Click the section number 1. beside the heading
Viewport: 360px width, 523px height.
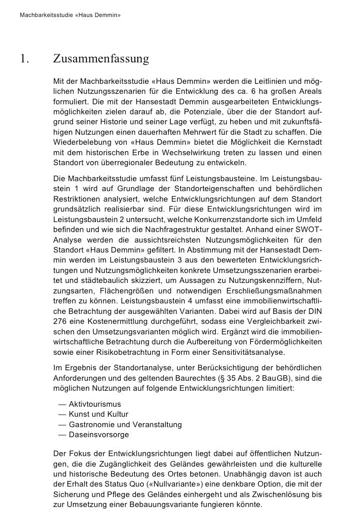(24, 59)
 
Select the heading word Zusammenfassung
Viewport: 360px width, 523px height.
(101, 59)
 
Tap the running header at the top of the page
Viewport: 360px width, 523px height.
(70, 15)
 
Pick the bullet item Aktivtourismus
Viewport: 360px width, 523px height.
(94, 404)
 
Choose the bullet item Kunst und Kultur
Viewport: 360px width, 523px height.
(98, 414)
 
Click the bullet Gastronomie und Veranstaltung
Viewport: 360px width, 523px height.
(125, 425)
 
